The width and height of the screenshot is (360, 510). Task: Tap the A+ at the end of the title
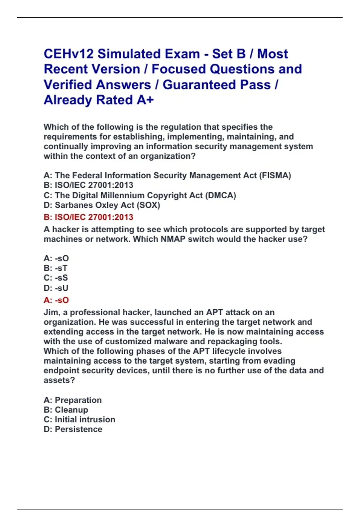point(145,100)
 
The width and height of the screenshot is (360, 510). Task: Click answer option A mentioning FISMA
point(167,175)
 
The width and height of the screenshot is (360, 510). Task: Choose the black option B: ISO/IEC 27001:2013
point(88,185)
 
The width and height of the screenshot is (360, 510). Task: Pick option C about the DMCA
point(140,195)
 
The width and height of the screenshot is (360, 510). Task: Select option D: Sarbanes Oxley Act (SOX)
point(102,205)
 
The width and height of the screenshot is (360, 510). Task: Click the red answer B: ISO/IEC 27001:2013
point(88,217)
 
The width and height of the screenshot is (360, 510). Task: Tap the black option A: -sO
point(56,258)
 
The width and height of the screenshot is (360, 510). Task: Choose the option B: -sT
point(55,268)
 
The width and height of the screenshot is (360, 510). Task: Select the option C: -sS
point(56,278)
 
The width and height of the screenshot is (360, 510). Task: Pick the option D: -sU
point(56,288)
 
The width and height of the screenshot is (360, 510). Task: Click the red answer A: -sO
point(56,300)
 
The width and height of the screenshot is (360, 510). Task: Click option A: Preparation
point(73,400)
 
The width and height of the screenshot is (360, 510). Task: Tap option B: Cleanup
point(66,410)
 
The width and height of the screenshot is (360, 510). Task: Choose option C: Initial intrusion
point(79,419)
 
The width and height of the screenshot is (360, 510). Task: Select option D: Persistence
point(73,429)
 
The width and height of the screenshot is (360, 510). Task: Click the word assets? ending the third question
point(59,380)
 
